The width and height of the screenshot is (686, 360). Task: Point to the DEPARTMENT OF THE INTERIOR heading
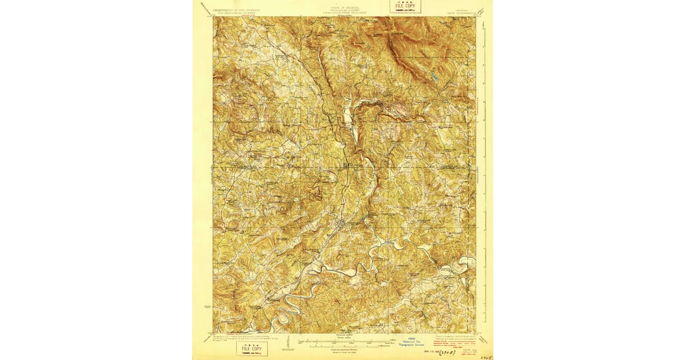236,10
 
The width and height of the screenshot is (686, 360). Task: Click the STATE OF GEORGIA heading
342,8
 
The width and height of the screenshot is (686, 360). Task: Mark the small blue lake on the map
434,76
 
